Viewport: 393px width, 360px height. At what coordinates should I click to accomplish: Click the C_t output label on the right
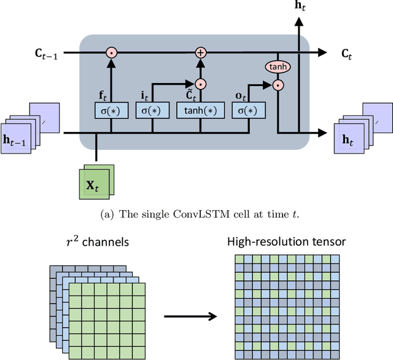pyautogui.click(x=348, y=53)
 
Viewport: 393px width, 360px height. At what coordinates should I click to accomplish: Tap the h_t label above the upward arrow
pyautogui.click(x=299, y=7)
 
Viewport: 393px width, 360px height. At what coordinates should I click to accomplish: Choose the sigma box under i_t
pyautogui.click(x=152, y=110)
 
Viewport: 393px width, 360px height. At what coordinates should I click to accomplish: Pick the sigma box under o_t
pyautogui.click(x=249, y=110)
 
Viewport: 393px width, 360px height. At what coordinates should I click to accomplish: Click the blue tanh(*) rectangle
pyautogui.click(x=201, y=110)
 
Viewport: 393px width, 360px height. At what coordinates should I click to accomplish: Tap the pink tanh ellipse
pyautogui.click(x=278, y=67)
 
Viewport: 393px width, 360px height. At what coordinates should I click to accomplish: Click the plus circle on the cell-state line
pyautogui.click(x=200, y=53)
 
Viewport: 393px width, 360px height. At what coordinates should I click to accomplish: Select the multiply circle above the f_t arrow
pyautogui.click(x=112, y=53)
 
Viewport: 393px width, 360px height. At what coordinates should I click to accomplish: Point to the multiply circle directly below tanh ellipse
pyautogui.click(x=278, y=85)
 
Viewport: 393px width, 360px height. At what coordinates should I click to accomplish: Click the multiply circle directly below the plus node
pyautogui.click(x=200, y=82)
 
